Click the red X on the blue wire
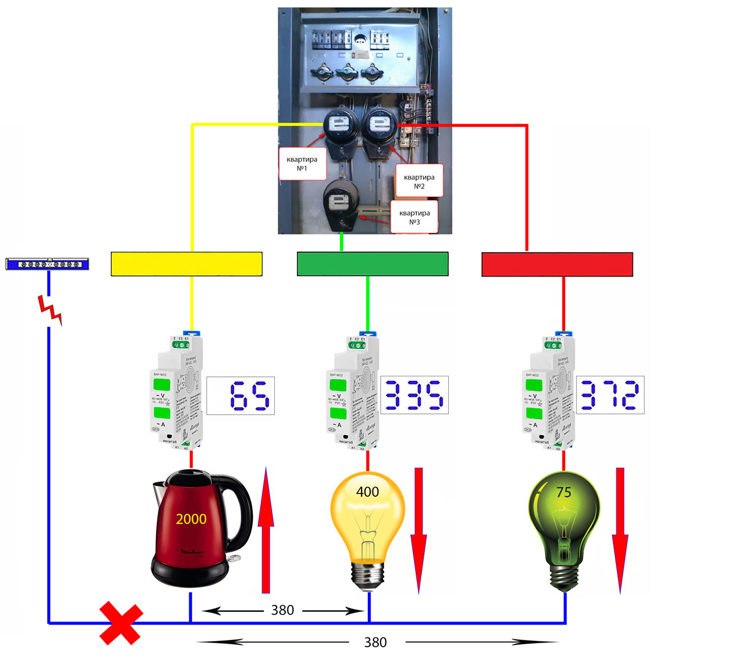(121, 624)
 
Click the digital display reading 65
(241, 396)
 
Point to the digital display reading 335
(415, 395)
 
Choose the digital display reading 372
(610, 395)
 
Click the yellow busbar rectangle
(186, 264)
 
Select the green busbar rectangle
(372, 264)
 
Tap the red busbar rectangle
(557, 265)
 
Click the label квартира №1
(302, 164)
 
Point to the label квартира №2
(419, 181)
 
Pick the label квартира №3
(415, 217)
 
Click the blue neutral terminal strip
(47, 264)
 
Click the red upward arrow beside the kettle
(266, 530)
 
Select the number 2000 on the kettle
(191, 519)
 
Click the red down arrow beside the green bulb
(620, 530)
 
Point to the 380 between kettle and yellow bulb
(282, 610)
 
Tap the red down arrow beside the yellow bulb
(419, 530)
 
